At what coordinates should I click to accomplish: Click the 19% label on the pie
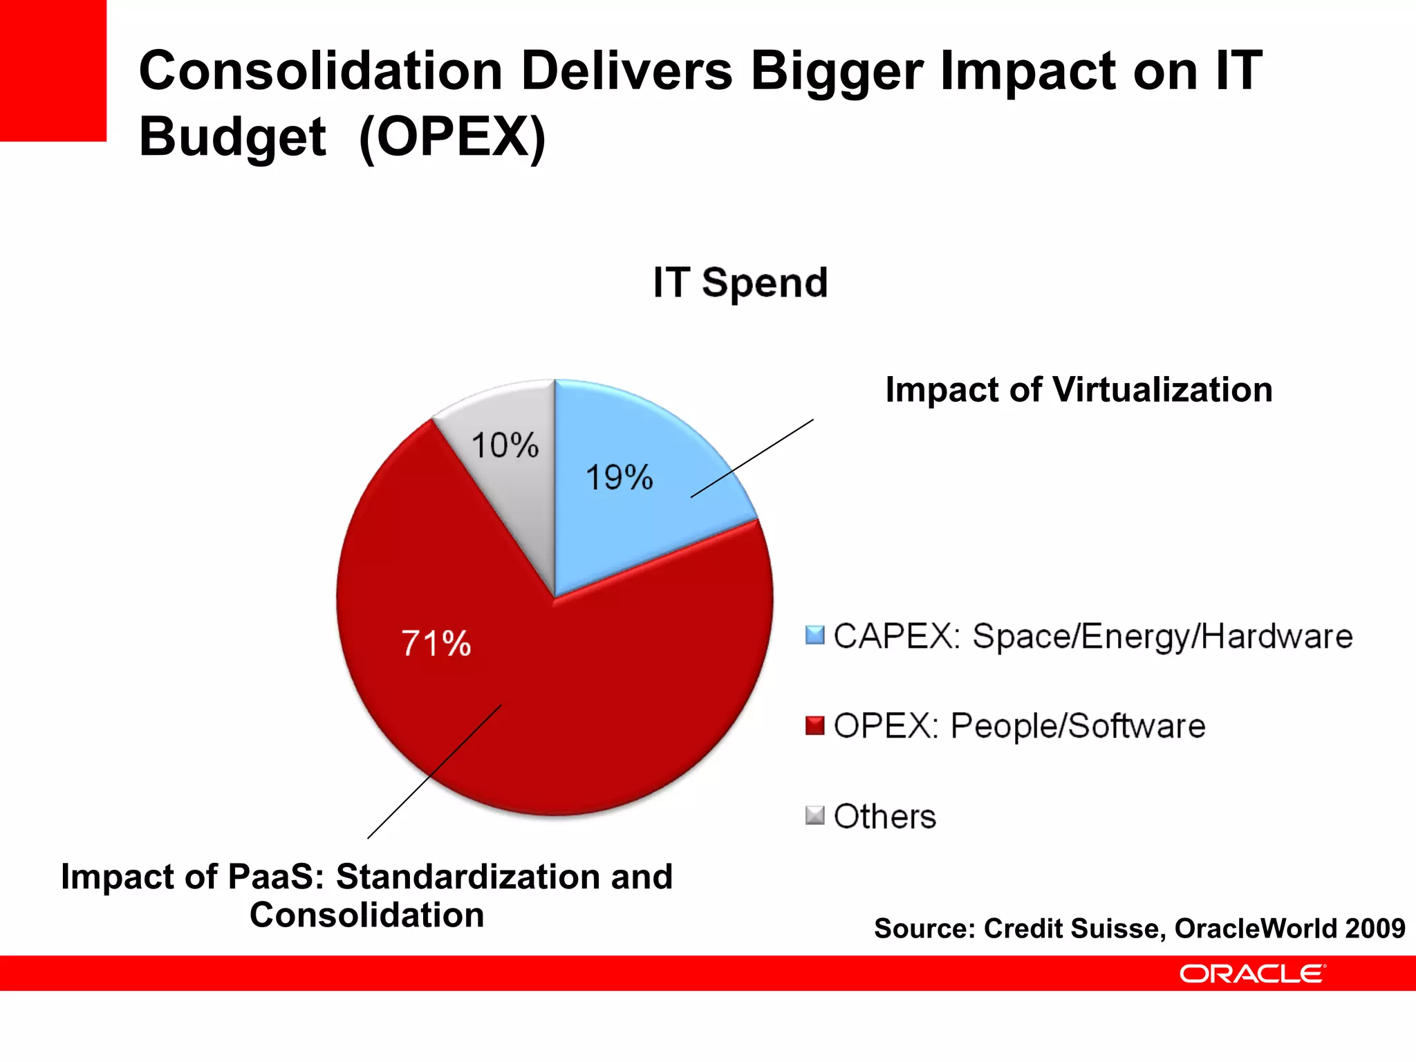tap(619, 478)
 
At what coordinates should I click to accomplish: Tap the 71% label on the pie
tap(436, 644)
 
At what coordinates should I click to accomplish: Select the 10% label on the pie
tap(505, 445)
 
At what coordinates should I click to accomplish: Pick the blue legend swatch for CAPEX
tap(815, 635)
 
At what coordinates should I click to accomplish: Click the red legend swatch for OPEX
tap(815, 725)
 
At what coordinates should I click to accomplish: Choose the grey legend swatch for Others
tap(815, 816)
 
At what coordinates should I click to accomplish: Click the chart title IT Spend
tap(740, 283)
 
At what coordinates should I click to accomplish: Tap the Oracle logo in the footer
tap(1252, 973)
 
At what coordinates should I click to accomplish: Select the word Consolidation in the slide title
tap(320, 71)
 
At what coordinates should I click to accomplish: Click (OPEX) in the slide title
tap(453, 137)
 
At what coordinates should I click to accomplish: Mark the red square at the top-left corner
tap(53, 69)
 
